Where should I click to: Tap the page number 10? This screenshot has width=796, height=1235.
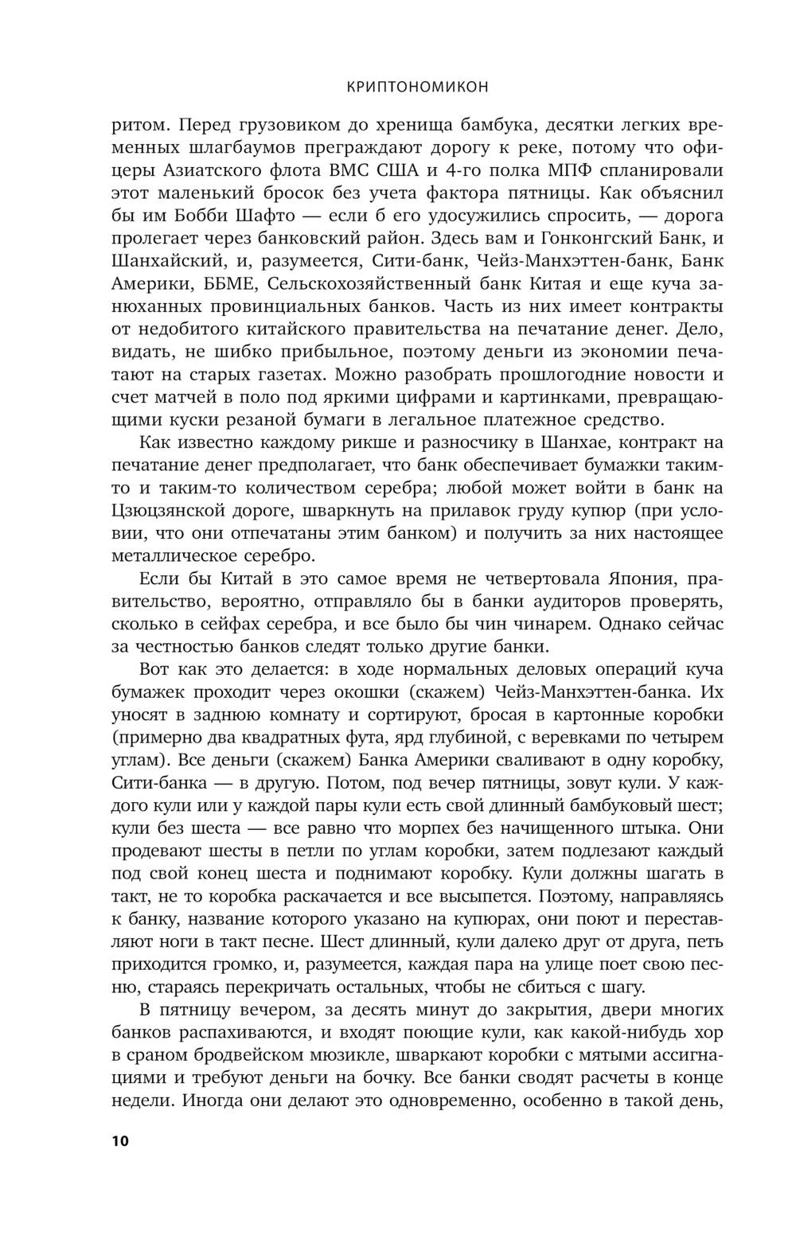[x=119, y=1140]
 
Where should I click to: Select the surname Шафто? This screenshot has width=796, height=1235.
[x=271, y=216]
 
